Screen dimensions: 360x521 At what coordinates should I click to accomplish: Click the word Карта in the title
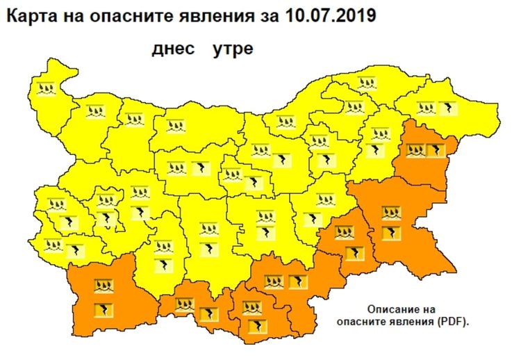pos(28,15)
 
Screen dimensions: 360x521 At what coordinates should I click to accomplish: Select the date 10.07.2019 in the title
pos(331,15)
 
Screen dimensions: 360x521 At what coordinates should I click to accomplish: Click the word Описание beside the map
pos(391,309)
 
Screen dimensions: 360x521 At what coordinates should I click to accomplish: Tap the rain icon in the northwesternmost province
pos(47,88)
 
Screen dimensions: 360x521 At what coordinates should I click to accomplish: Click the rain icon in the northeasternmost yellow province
pos(426,108)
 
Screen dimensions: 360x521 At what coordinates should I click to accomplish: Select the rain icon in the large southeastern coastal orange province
pos(391,213)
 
